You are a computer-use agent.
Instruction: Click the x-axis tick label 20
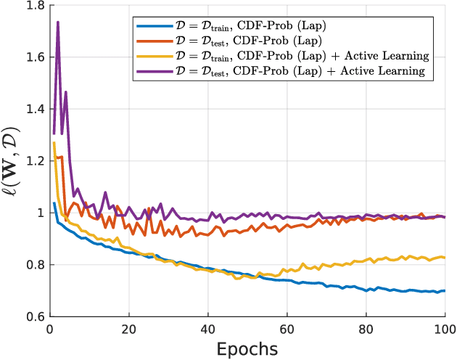pyautogui.click(x=129, y=328)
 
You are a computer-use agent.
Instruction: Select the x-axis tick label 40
pyautogui.click(x=208, y=328)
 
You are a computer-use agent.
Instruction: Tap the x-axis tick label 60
pyautogui.click(x=287, y=328)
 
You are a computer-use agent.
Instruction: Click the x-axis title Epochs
pyautogui.click(x=247, y=348)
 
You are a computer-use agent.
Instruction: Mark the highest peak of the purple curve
pyautogui.click(x=57, y=22)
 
